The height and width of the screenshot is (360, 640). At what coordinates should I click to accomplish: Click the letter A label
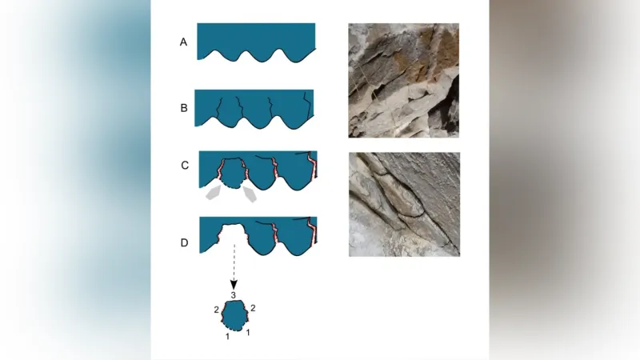184,42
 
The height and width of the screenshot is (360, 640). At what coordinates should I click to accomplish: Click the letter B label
184,108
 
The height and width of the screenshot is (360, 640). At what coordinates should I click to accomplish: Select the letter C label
185,166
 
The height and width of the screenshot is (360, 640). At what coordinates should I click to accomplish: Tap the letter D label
185,243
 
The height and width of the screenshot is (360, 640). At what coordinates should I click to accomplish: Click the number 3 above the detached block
234,295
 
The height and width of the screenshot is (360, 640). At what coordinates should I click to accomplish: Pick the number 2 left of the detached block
216,310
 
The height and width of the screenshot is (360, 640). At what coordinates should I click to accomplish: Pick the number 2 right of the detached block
253,308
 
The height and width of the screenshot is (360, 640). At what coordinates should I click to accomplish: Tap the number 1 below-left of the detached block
228,336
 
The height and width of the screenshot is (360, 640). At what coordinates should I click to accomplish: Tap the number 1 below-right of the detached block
248,333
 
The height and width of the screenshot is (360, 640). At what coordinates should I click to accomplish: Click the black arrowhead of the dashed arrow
234,285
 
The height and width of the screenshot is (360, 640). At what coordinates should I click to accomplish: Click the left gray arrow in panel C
213,192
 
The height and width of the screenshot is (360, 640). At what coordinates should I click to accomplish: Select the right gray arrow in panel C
250,194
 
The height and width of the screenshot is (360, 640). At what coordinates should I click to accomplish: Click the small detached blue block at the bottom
234,315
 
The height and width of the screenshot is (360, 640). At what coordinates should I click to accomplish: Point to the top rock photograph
404,81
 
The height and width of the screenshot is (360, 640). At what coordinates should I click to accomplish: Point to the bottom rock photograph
405,205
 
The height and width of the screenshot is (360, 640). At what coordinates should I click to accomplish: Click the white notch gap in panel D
233,236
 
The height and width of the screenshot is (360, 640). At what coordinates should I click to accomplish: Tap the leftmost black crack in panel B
219,109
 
